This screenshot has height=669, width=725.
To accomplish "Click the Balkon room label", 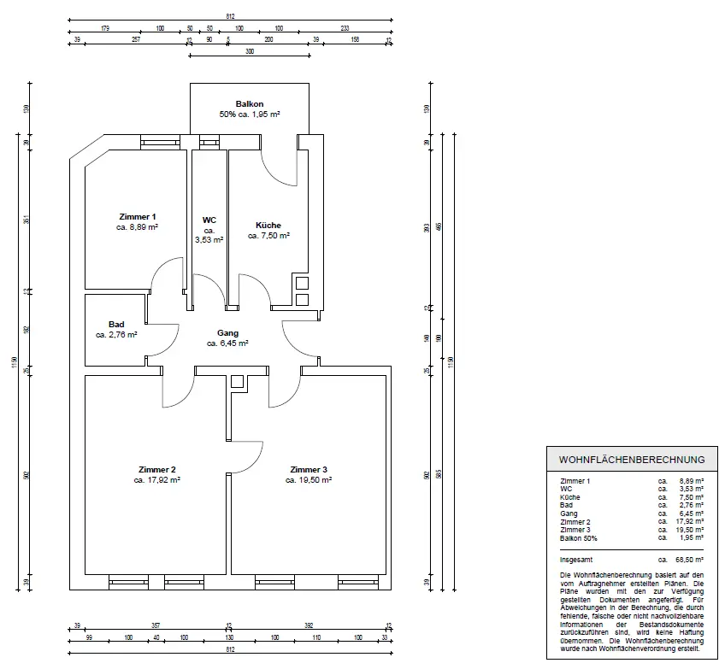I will pos(250,104).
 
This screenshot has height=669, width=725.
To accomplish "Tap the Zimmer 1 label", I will pos(137,217).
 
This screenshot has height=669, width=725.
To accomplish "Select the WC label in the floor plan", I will pos(209,220).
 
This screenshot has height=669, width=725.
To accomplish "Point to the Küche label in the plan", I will pos(268,226).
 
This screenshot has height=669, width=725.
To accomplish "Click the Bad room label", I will pos(116,325).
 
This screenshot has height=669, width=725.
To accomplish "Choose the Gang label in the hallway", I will pos(227,333).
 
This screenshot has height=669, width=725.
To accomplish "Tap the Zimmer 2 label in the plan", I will pos(156,470).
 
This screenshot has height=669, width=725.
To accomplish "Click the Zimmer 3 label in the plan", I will pos(308,470).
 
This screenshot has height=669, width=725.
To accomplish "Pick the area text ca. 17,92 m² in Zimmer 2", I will pos(156,480).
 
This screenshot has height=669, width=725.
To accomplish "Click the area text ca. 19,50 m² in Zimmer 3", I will pos(308,480).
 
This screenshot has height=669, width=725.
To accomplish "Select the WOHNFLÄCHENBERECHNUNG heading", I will pos(631,459).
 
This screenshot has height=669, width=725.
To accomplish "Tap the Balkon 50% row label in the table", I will pos(579,538).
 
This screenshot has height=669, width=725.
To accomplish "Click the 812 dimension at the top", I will pos(231,16).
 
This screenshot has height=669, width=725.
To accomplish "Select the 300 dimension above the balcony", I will pos(250,51).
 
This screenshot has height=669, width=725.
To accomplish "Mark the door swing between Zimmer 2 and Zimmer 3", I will pos(248,457).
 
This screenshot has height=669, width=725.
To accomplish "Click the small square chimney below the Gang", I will pos(238,381).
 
